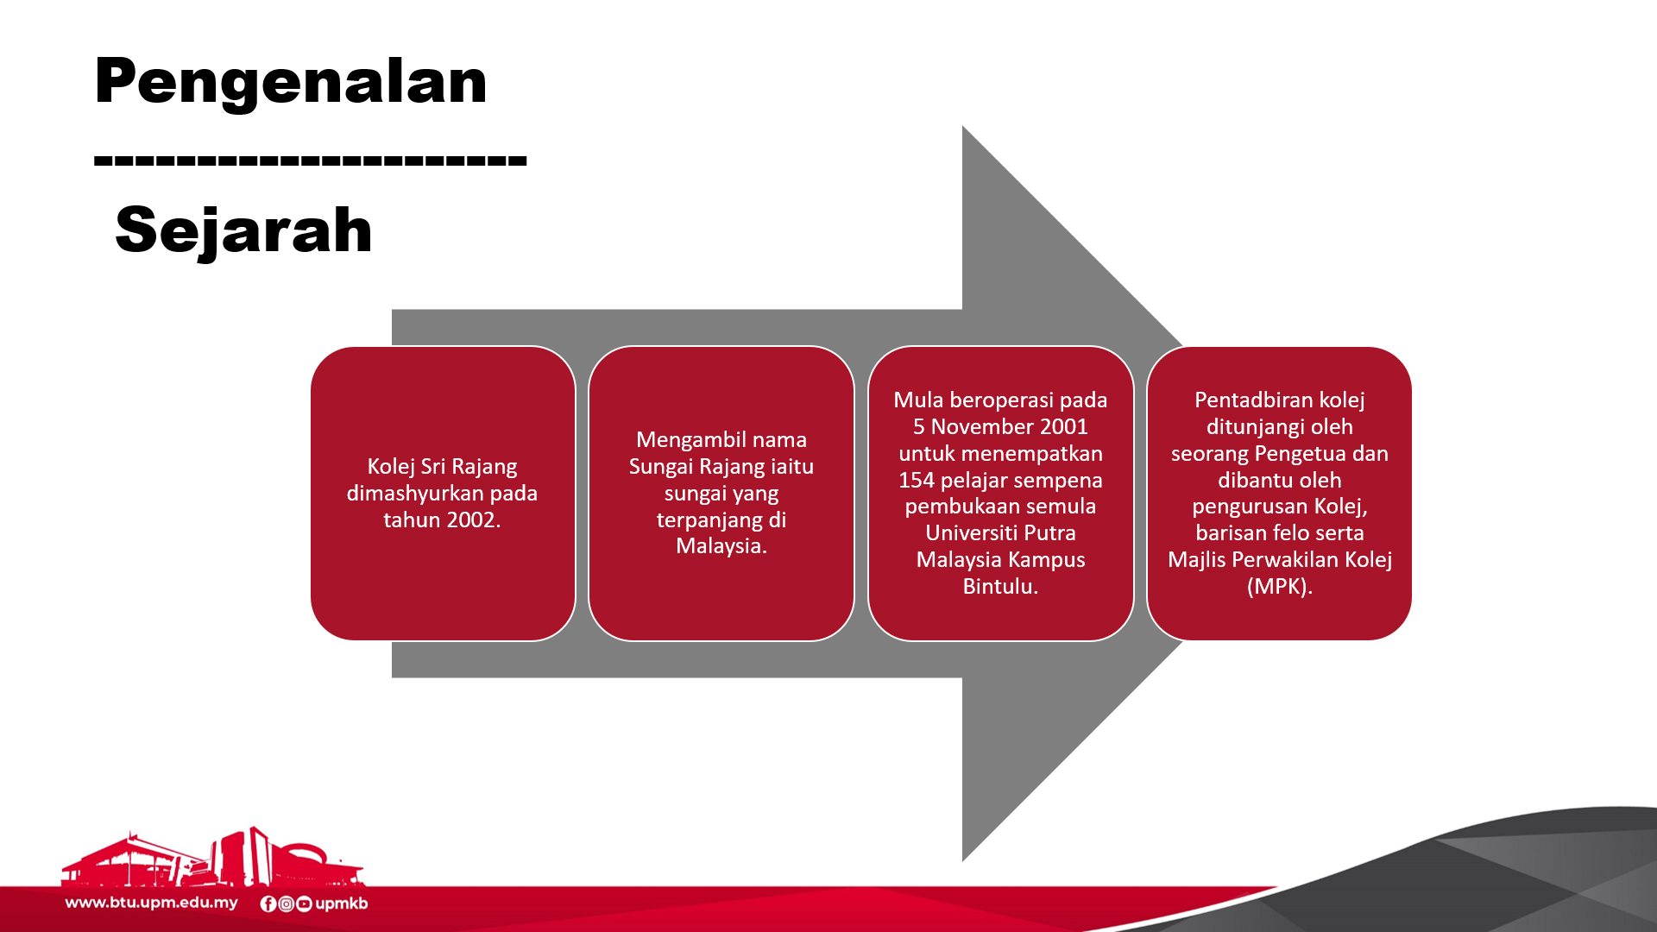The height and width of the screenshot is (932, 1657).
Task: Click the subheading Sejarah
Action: click(243, 231)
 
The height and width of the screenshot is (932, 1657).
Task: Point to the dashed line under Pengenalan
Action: click(311, 160)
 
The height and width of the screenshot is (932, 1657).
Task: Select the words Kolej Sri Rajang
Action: click(442, 467)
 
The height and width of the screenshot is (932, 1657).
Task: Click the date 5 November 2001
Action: click(1000, 426)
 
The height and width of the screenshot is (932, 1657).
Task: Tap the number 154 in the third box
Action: click(917, 480)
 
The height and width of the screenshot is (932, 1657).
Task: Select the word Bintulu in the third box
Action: click(997, 586)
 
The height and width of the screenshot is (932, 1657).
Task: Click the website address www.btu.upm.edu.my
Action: click(152, 904)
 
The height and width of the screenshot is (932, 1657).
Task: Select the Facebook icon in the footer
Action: click(268, 904)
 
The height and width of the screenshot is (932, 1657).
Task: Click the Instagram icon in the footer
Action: click(287, 904)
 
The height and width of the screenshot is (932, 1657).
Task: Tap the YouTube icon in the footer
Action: click(304, 904)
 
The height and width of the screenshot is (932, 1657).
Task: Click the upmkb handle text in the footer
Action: click(342, 904)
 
